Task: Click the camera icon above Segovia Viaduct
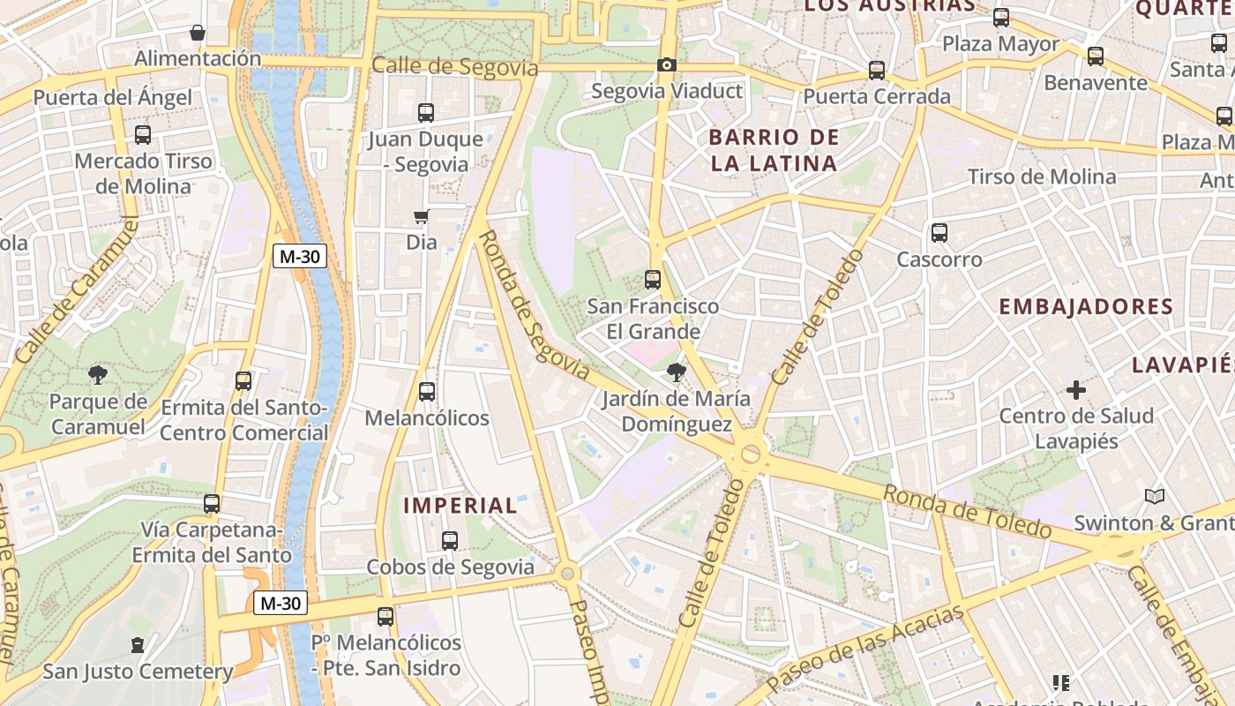coord(667,64)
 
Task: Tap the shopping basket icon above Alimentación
coord(198,34)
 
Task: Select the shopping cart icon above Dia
coord(422,216)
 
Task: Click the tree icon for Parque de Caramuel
coord(98,375)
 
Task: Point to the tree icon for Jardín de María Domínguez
coord(677,372)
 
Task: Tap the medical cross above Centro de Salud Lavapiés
coord(1076,389)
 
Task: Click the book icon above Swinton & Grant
coord(1154,497)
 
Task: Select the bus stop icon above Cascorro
coord(939,233)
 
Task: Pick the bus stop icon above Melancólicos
coord(427,391)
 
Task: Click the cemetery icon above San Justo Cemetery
coord(138,645)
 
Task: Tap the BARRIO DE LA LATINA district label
coord(774,150)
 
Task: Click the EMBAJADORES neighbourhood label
coord(1086,307)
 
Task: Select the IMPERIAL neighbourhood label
coord(460,506)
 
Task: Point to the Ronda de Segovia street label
coord(533,304)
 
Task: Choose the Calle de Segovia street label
coord(454,67)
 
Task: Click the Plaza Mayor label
coord(1001,44)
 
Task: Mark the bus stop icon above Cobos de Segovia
coord(450,541)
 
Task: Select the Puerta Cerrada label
coord(877,96)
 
